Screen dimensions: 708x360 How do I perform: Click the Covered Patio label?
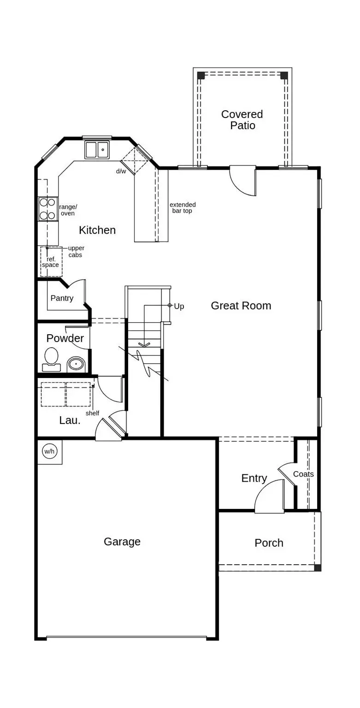tap(242, 120)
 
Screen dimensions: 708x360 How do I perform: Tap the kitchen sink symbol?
tap(97, 150)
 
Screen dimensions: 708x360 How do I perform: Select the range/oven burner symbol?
tap(47, 209)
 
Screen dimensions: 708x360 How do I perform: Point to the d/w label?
tap(121, 171)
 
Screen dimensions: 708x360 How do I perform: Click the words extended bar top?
tap(183, 208)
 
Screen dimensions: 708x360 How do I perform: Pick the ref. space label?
tap(51, 262)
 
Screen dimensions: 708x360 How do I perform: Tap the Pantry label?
tap(62, 298)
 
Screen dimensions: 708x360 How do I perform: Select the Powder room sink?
tap(76, 365)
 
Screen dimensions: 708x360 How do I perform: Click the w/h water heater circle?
tap(49, 451)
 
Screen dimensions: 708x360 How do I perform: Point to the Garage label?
tap(122, 542)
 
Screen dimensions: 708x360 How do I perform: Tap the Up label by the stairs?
tap(179, 307)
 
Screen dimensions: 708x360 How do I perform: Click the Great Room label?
tap(241, 306)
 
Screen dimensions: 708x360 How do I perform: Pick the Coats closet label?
tap(303, 474)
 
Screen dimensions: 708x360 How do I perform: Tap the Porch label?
tap(269, 543)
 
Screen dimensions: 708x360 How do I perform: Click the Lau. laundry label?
tap(70, 420)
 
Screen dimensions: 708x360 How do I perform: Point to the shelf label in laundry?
tap(92, 413)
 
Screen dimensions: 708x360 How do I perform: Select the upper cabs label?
tap(76, 252)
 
